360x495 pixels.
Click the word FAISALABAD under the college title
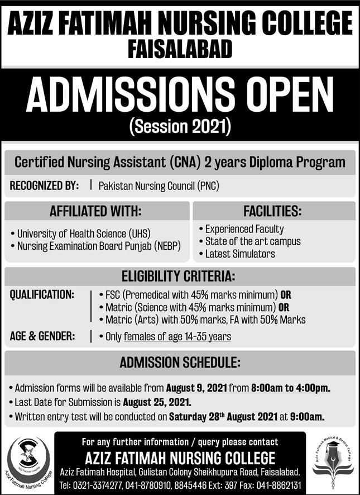pos(180,50)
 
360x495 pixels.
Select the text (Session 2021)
pos(180,127)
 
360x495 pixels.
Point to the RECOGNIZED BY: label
pos(44,186)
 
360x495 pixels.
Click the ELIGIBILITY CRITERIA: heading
pos(179,276)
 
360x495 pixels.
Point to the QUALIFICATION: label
pos(42,294)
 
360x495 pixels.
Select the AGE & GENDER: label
pos(43,336)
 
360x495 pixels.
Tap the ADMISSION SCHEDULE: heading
pos(180,363)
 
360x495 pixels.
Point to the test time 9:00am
pos(308,416)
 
